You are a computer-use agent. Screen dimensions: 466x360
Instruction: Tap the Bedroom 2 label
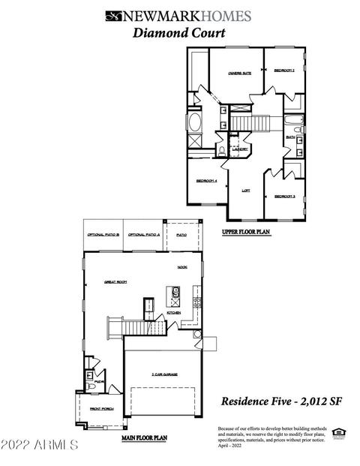283,71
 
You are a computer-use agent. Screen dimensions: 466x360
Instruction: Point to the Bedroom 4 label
206,181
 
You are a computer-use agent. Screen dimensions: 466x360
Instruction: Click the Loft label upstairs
245,191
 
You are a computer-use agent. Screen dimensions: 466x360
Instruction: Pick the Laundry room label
240,149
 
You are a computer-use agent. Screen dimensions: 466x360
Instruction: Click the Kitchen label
174,312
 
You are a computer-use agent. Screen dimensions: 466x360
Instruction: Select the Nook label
182,266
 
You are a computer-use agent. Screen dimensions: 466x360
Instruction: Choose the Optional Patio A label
143,235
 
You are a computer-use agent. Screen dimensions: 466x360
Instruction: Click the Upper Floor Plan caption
245,233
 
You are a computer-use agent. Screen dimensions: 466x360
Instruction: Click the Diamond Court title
169,32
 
